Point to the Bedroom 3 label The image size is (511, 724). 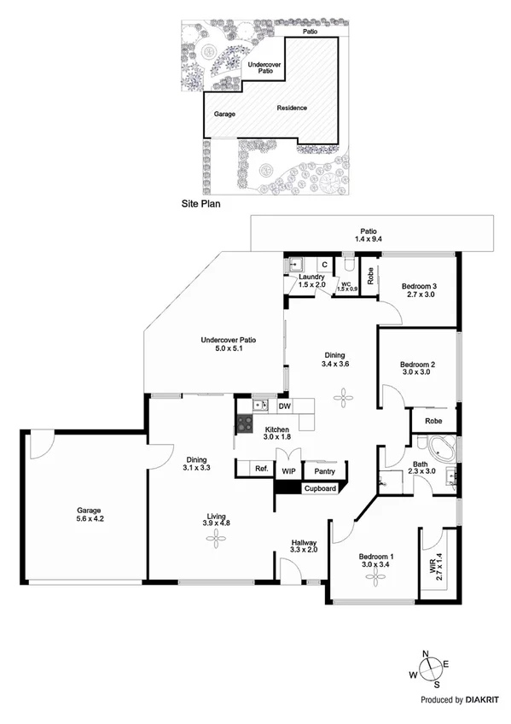[x=418, y=289]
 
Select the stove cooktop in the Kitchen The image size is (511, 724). [x=245, y=422]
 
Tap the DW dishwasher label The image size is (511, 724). [x=284, y=406]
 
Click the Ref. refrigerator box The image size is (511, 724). [x=262, y=469]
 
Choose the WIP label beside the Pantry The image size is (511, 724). [x=288, y=470]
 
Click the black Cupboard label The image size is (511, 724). [x=320, y=488]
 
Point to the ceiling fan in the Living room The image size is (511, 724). [x=216, y=536]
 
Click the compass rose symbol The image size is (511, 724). [x=432, y=669]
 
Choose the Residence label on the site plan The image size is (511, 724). [x=291, y=108]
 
